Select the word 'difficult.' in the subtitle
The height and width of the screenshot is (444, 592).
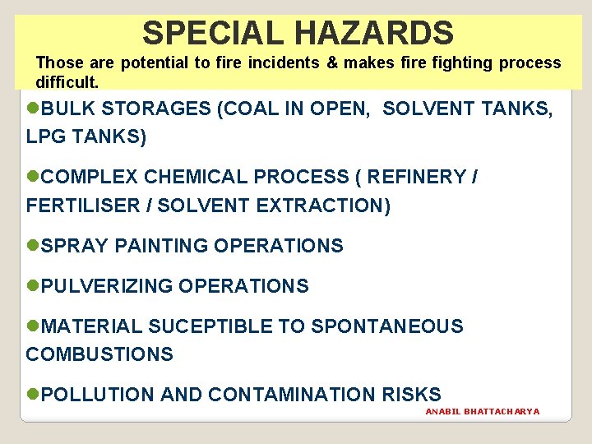coord(67,82)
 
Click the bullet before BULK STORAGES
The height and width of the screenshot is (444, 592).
coord(33,109)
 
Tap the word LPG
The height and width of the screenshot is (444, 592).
coord(45,137)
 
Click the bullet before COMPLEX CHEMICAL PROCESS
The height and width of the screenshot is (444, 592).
coord(33,177)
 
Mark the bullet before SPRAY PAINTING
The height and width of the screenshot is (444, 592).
coord(33,245)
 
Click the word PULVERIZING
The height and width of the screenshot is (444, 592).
coord(107,286)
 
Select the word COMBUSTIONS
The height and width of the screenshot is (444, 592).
coord(99,354)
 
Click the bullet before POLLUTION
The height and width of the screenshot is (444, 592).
coord(33,395)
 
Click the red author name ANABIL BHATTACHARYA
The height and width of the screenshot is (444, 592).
coord(483,411)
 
